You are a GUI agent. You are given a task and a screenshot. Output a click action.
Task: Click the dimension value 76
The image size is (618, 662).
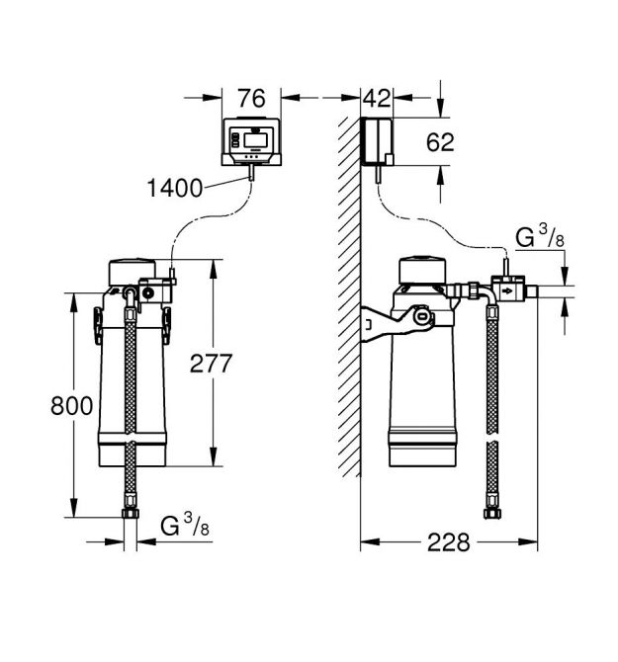[253, 98]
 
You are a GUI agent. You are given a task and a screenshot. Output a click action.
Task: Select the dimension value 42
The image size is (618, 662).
[377, 98]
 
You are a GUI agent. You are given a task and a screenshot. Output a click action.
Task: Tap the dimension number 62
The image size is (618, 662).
[440, 142]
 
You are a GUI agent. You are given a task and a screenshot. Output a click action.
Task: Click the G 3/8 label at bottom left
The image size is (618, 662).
[184, 526]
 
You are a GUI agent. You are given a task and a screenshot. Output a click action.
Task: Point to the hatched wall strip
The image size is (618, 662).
[347, 296]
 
